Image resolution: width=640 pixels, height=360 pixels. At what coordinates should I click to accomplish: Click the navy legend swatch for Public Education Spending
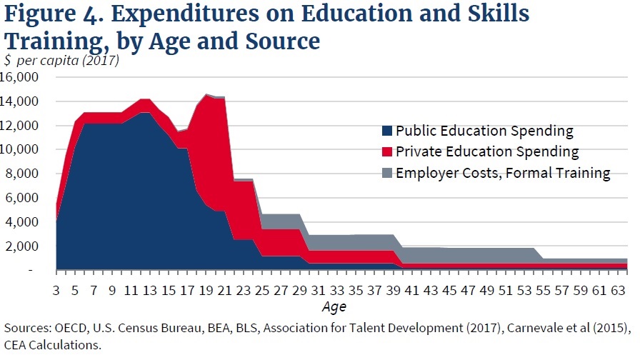(387, 131)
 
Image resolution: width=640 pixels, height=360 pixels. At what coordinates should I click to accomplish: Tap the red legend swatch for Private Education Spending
(387, 152)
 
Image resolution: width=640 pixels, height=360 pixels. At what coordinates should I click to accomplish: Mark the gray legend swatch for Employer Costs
(387, 173)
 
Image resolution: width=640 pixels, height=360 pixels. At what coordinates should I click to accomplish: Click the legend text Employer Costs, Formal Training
(503, 173)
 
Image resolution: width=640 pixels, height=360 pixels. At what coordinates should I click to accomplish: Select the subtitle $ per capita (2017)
(61, 61)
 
